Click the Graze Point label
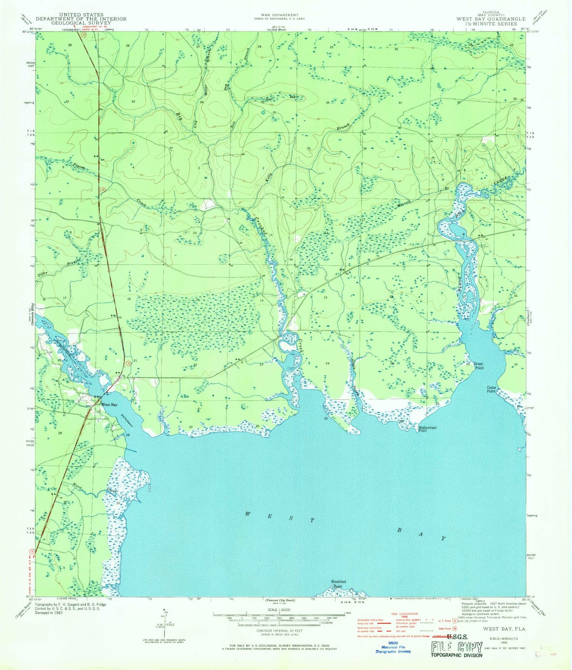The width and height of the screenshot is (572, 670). tap(478, 366)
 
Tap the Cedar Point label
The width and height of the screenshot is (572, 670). tap(491, 389)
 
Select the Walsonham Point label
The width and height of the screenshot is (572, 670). tap(427, 429)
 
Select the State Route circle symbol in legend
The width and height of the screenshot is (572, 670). tap(455, 628)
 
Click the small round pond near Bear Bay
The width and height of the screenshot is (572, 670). tap(263, 112)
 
